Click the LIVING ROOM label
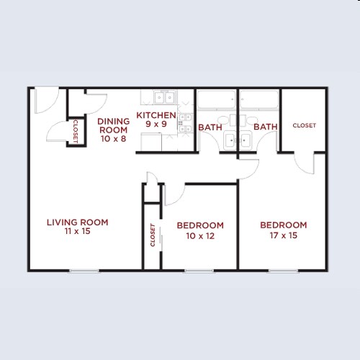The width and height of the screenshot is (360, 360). (x=77, y=222)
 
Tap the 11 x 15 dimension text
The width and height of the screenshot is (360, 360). (x=77, y=233)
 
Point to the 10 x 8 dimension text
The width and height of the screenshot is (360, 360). (x=113, y=139)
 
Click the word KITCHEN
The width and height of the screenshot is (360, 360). (x=156, y=115)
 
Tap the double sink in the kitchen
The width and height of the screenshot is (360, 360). (x=163, y=99)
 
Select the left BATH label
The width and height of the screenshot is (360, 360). (x=210, y=127)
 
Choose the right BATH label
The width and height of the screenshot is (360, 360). (x=266, y=127)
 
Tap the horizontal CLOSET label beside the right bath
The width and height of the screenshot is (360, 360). (x=304, y=125)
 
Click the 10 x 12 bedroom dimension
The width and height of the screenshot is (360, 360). (x=200, y=235)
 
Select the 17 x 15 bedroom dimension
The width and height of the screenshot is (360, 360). (x=283, y=235)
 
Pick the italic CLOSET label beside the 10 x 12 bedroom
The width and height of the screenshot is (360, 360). (x=153, y=235)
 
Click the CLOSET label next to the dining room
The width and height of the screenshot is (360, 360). (x=75, y=130)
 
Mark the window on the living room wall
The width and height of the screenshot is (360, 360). (x=84, y=271)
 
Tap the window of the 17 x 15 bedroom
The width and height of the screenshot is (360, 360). (x=283, y=271)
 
